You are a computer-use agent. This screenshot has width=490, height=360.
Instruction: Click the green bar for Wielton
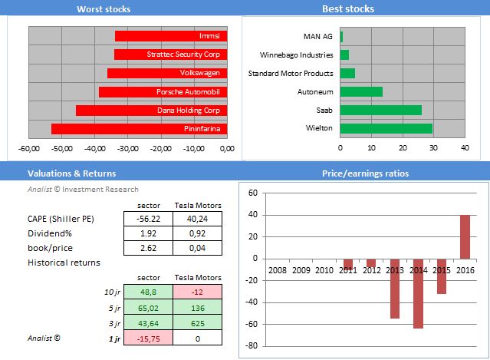[x=386, y=128]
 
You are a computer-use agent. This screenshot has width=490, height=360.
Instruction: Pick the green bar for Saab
[x=380, y=110]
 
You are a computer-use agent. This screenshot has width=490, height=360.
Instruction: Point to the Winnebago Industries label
[x=298, y=54]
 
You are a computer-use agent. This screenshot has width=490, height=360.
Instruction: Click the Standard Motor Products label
[x=291, y=73]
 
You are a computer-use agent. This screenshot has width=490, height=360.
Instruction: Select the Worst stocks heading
[x=104, y=9]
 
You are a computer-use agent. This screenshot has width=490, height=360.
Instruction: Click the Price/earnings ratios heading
[x=365, y=173]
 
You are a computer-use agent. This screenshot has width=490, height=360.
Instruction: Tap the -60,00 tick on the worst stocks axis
[x=29, y=149]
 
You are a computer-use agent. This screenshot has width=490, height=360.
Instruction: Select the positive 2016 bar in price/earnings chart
[x=465, y=236]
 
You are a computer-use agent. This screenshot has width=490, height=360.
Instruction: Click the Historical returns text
[x=63, y=263]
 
